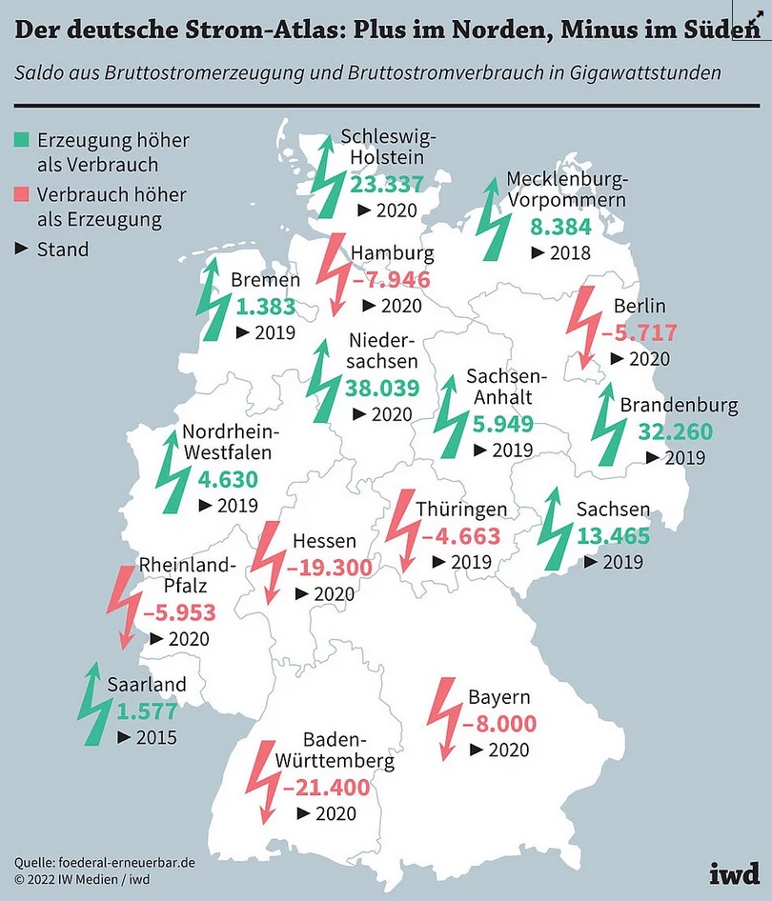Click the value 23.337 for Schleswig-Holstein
click(x=386, y=184)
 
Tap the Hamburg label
click(x=393, y=253)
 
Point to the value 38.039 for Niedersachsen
click(x=383, y=389)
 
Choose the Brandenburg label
click(x=679, y=406)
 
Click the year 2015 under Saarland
click(x=155, y=736)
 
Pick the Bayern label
click(x=498, y=697)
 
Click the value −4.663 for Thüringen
click(x=461, y=536)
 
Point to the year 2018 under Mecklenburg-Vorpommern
click(x=570, y=252)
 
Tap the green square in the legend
click(x=21, y=140)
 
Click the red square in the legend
click(x=21, y=194)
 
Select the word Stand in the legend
click(x=63, y=250)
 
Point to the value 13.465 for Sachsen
click(x=613, y=535)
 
